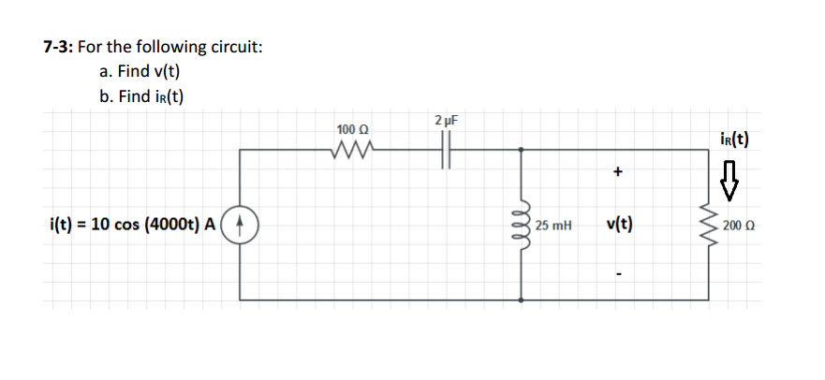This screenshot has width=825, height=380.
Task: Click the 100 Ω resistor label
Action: (x=351, y=129)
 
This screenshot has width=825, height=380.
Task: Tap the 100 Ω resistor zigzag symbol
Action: (x=353, y=147)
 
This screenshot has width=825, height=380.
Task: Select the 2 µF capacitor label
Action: (x=446, y=120)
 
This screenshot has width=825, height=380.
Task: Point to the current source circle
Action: (x=243, y=224)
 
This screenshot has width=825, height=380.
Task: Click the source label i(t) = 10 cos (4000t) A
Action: (x=132, y=224)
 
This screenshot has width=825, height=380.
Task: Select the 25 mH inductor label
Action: (x=553, y=226)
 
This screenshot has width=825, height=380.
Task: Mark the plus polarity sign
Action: (x=617, y=172)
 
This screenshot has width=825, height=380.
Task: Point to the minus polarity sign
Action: (x=618, y=275)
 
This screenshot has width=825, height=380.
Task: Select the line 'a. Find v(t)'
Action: (x=140, y=71)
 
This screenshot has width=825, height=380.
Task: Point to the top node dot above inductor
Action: (x=521, y=149)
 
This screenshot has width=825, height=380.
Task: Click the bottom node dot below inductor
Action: (x=521, y=300)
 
